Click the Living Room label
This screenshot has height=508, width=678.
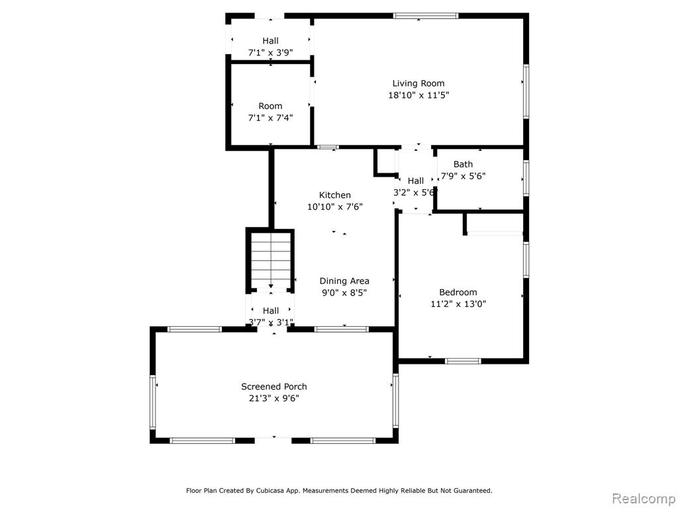tap(418, 83)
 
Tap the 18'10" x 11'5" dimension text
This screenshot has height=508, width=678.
tap(418, 95)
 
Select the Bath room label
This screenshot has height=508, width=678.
tap(463, 164)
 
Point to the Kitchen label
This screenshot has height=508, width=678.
tap(334, 195)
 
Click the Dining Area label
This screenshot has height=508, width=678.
tap(344, 280)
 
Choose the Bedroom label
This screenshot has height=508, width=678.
tap(458, 292)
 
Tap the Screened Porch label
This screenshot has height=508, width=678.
tap(273, 386)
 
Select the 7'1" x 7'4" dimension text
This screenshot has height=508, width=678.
tap(270, 118)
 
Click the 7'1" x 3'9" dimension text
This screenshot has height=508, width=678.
tap(270, 53)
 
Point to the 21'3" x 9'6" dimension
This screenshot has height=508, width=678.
tap(273, 398)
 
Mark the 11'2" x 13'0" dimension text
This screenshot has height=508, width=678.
tap(458, 304)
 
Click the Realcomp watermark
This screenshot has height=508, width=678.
tap(644, 498)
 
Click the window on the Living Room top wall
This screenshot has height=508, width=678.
tap(426, 16)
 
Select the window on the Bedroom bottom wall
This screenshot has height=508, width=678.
tap(463, 361)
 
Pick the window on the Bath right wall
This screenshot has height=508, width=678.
tap(526, 179)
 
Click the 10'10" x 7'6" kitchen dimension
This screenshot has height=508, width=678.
tap(334, 206)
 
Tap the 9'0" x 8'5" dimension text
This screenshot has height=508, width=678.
tap(344, 292)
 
